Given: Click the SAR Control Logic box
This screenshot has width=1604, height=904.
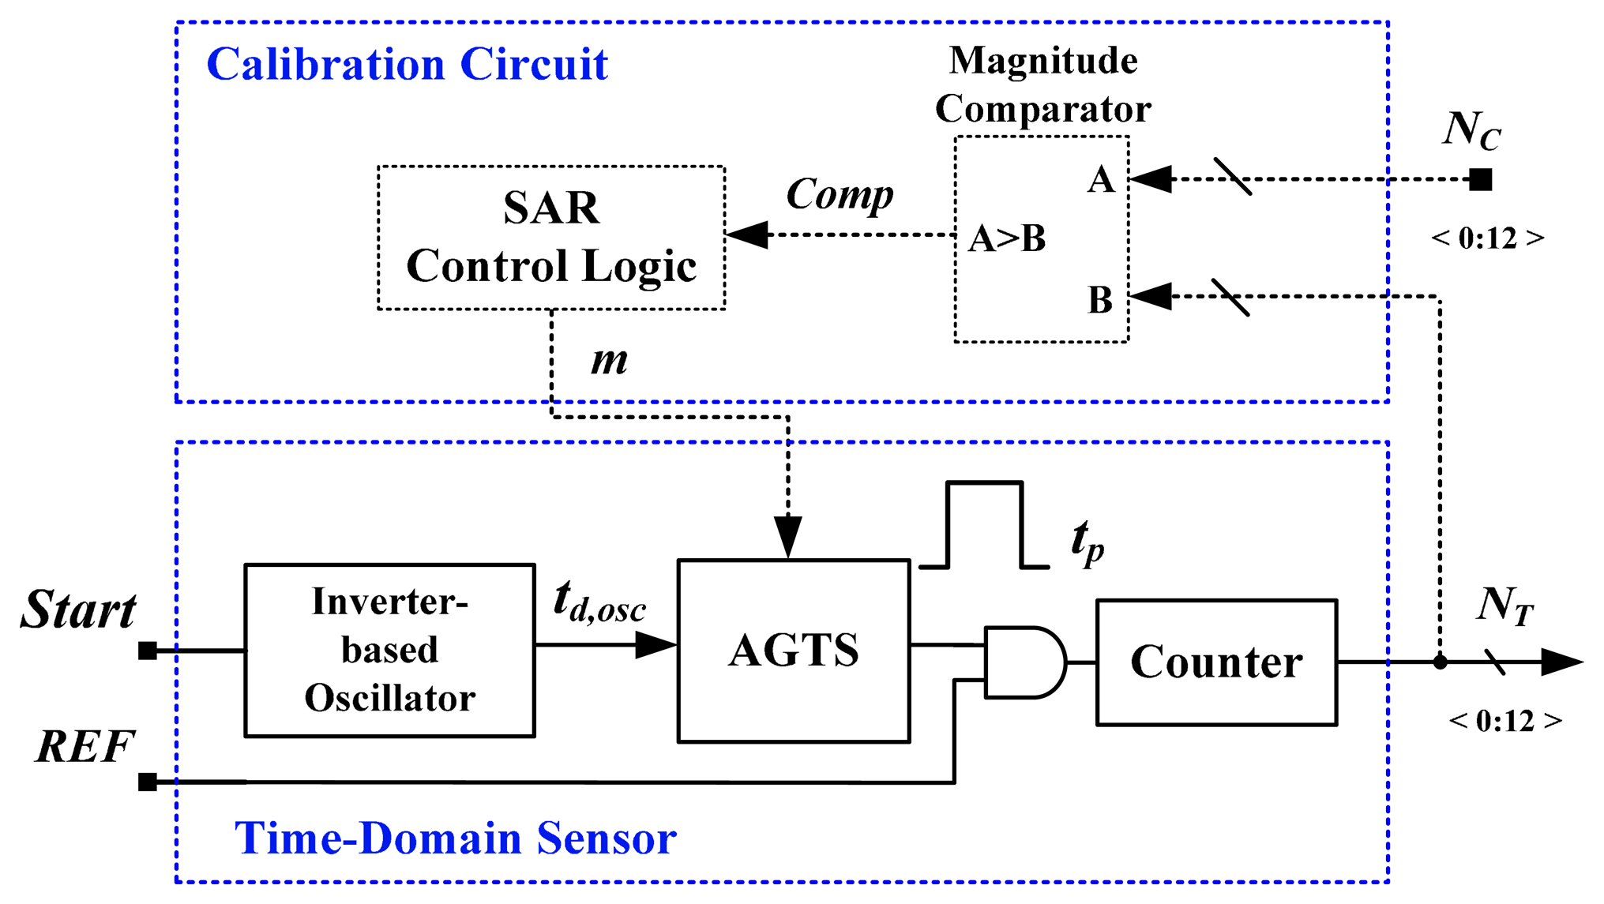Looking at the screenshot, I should click(551, 237).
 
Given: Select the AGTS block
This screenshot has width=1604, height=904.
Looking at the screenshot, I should click(793, 651).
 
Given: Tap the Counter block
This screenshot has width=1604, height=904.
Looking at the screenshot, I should click(1216, 662).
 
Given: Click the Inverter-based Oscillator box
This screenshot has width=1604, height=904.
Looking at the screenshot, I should click(389, 651).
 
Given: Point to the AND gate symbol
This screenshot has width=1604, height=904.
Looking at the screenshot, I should click(1024, 662).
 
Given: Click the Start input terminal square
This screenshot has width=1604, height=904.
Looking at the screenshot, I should click(148, 651).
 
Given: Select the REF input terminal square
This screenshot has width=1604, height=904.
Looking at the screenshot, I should click(148, 782).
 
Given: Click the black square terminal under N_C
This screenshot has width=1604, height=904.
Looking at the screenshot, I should click(1480, 180).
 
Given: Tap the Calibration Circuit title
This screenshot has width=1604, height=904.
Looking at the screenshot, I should click(407, 65).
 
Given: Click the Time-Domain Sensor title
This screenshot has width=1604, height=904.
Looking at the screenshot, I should click(456, 838).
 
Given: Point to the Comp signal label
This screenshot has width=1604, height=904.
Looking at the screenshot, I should click(840, 195).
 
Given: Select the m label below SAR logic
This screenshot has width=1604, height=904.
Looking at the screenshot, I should click(609, 361).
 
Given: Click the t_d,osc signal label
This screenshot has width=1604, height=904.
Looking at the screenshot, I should click(599, 602).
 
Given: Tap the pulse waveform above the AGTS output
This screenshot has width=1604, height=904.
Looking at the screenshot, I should click(984, 524).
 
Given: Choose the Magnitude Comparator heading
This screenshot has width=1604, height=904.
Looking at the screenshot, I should click(1042, 84).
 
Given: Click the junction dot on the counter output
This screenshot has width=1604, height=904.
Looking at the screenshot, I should click(1440, 662).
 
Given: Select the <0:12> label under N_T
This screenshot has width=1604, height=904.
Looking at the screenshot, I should click(1505, 721).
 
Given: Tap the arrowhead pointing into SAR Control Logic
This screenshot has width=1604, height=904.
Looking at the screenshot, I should click(746, 234).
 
